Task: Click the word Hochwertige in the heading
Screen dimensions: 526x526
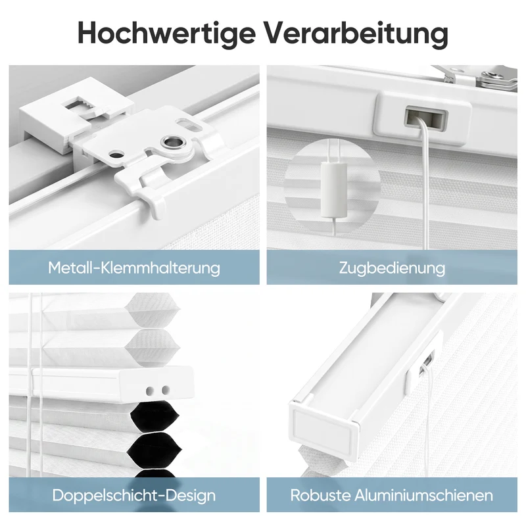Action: tap(166, 33)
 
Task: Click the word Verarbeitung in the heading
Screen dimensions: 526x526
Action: tap(357, 33)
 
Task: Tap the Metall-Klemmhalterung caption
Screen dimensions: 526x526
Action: tap(134, 268)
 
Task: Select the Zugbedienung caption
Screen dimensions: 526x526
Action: tap(392, 268)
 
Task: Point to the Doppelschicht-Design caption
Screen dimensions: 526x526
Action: tap(134, 495)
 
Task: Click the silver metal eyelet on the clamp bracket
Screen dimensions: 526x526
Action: tap(173, 142)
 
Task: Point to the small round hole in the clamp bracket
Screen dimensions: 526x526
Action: tap(116, 155)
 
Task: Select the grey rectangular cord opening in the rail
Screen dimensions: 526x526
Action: tap(426, 118)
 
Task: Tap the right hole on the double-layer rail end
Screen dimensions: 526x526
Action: tap(166, 390)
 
